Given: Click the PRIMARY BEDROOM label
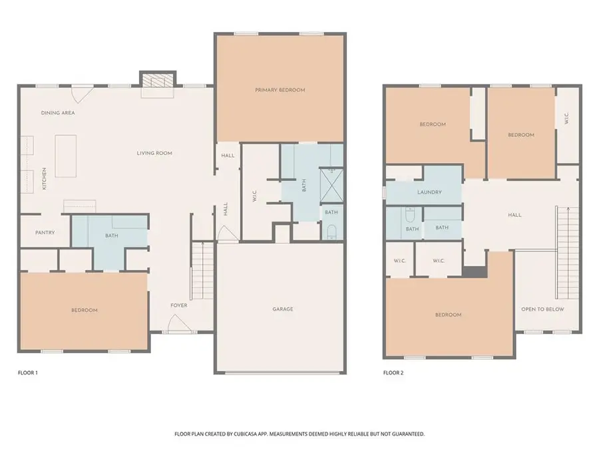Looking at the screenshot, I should point(280,90).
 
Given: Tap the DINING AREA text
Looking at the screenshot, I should point(58,113).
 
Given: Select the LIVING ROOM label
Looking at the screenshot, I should point(154,153).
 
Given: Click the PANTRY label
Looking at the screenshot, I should point(43,233).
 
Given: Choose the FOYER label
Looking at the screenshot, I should point(178,306).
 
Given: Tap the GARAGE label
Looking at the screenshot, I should point(282,309).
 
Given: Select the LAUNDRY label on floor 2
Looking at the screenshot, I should point(429,193).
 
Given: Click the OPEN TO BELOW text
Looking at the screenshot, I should point(542,309).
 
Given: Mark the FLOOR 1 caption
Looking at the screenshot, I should point(28,373).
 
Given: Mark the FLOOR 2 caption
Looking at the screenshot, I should point(393,373).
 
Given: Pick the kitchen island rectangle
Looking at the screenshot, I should point(65,156).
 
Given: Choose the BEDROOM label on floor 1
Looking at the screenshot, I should point(85,311).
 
